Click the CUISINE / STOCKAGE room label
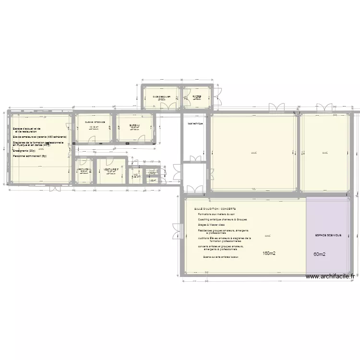[94, 122]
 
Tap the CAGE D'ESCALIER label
[161, 96]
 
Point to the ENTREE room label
[197, 96]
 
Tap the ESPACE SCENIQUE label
[328, 235]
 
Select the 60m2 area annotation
[320, 254]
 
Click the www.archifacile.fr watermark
[330, 276]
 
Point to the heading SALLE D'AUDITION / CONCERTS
[215, 209]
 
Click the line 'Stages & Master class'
[215, 224]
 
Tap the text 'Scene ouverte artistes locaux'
[221, 257]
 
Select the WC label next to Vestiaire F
[136, 175]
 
